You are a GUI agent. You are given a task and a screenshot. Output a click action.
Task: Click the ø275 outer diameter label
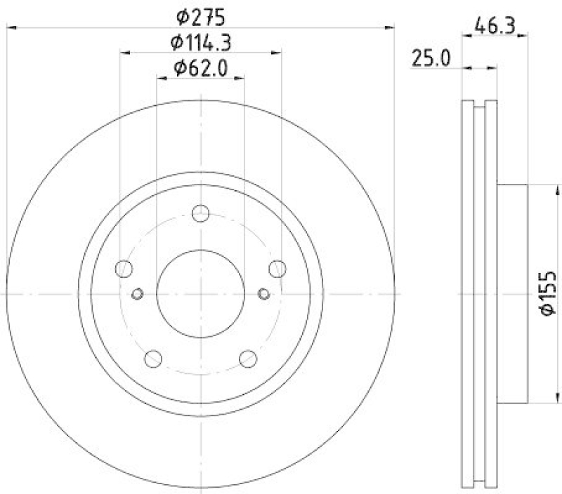pyautogui.click(x=200, y=15)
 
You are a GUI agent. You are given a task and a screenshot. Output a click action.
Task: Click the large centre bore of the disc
pyautogui.click(x=200, y=293)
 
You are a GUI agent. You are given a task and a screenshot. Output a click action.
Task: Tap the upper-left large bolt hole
pyautogui.click(x=124, y=268)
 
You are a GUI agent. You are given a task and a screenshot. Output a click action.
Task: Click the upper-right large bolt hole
pyautogui.click(x=277, y=268)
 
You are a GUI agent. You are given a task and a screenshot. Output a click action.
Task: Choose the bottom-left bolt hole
pyautogui.click(x=152, y=359)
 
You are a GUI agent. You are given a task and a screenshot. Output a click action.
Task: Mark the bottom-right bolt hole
pyautogui.click(x=248, y=359)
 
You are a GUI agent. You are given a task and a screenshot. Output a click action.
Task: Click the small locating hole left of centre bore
pyautogui.click(x=138, y=293)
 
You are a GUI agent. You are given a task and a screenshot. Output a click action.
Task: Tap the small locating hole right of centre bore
pyautogui.click(x=263, y=293)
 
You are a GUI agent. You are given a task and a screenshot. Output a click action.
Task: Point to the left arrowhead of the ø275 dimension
pyautogui.click(x=10, y=27)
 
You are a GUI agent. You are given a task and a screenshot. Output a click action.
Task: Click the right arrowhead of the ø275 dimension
pyautogui.click(x=391, y=27)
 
